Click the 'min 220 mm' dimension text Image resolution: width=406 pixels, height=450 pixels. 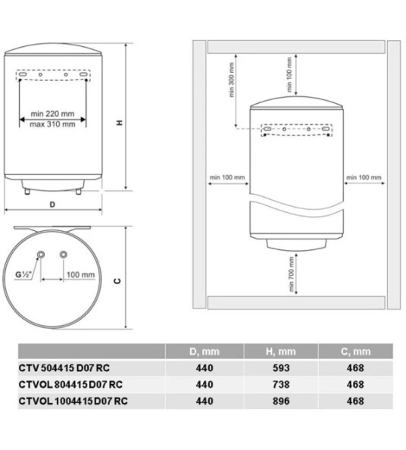pyautogui.click(x=53, y=114)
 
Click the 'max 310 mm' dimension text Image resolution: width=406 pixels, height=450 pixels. pyautogui.click(x=53, y=124)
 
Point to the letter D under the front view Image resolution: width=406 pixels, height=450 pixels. pyautogui.click(x=52, y=205)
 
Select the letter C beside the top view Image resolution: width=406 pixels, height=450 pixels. pyautogui.click(x=117, y=281)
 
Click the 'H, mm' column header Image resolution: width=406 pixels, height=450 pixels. pyautogui.click(x=280, y=352)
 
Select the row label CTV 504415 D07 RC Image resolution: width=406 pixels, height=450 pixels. pyautogui.click(x=59, y=367)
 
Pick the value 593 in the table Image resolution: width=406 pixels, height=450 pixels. pyautogui.click(x=280, y=367)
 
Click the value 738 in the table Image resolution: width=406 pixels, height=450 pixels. pyautogui.click(x=280, y=383)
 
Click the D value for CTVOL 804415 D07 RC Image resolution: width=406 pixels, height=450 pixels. pyautogui.click(x=204, y=383)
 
